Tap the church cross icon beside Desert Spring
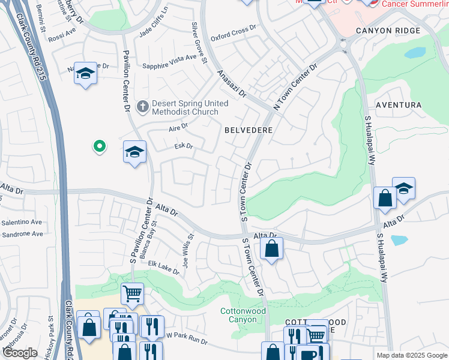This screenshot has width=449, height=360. [142, 107]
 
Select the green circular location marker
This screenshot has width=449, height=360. [99, 146]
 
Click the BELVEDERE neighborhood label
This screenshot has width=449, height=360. [249, 130]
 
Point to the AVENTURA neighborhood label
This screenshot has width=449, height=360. [398, 105]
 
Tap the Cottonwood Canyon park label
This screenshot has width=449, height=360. [243, 315]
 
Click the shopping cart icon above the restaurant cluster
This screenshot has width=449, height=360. [132, 294]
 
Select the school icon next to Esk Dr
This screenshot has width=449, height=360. [135, 152]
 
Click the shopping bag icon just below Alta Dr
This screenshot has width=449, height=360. [272, 248]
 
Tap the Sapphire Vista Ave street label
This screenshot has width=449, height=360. [170, 58]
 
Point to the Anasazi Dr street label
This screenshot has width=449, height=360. [232, 83]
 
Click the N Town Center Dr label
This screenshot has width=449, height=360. [295, 87]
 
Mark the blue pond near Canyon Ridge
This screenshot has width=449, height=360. [415, 53]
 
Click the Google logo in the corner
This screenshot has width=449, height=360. [20, 353]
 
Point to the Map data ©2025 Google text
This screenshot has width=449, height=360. [411, 355]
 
